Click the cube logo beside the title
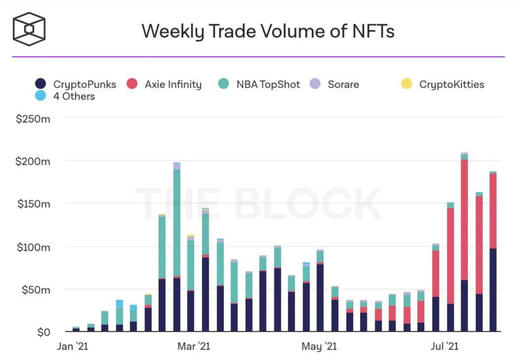point(29,29)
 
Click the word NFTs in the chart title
point(373,31)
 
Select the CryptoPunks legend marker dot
point(40,84)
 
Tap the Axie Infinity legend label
point(173,84)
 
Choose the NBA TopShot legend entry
point(268,84)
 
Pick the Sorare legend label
point(343,84)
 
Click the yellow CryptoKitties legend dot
point(406,84)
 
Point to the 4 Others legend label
point(74,96)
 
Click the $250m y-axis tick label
point(33,119)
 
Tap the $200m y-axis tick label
point(33,162)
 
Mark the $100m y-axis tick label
point(33,247)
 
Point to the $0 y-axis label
point(44,332)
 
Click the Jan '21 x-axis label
point(72,346)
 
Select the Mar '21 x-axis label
point(193,346)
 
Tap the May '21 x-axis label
point(319,346)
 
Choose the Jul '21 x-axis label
point(444,346)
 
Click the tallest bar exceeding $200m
point(464,240)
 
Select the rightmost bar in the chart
point(493,251)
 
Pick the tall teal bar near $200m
point(177,222)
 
